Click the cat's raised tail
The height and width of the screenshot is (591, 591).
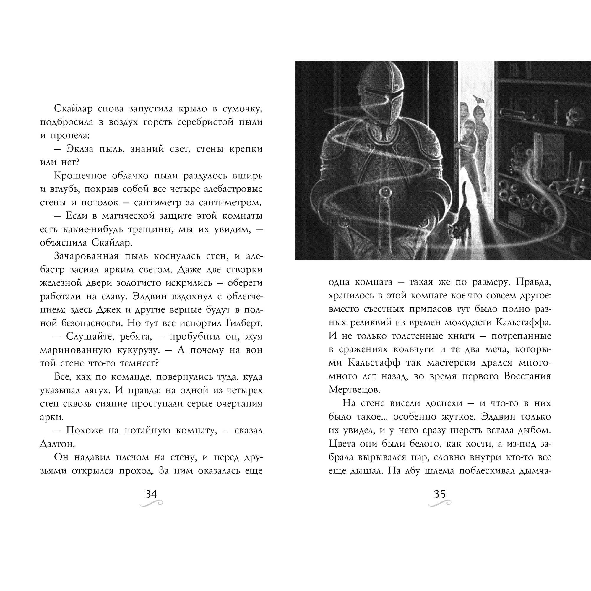pos(464,196)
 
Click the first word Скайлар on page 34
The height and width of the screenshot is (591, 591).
pos(74,108)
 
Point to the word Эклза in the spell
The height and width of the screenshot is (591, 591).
pos(80,149)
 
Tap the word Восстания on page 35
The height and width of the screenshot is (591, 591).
pos(527,376)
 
